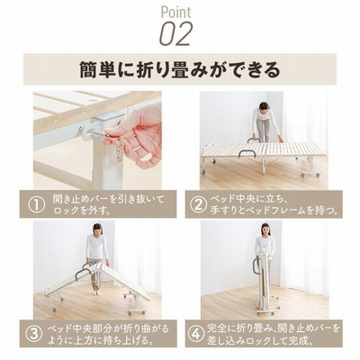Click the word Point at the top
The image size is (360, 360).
(175, 13)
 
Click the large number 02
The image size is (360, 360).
(175, 34)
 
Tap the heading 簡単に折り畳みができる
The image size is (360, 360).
(180, 69)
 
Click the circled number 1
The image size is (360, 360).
(37, 204)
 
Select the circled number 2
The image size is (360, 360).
(198, 204)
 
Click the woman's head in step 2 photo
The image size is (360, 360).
(264, 106)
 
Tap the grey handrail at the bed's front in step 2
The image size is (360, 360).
(247, 149)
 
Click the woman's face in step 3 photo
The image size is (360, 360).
(98, 230)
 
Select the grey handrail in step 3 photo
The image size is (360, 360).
(80, 273)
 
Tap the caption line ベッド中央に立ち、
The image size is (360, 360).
(248, 199)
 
